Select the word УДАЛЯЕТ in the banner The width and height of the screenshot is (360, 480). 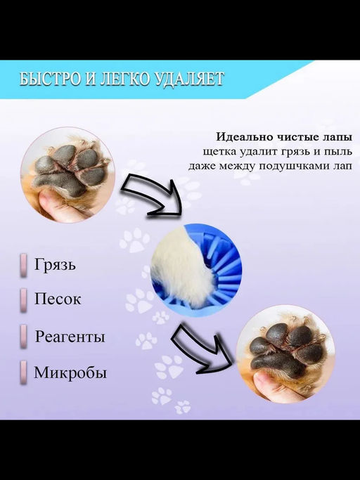(x=186, y=79)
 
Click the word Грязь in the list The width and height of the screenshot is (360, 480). (x=55, y=266)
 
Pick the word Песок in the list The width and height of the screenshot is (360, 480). (x=58, y=299)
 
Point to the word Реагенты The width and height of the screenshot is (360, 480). (x=70, y=337)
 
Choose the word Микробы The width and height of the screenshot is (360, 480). (x=70, y=372)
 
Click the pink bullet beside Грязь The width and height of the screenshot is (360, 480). (x=24, y=266)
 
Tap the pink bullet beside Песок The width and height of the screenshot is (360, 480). (x=24, y=299)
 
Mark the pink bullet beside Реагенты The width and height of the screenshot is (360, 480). (x=24, y=335)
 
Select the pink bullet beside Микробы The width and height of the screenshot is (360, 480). (x=24, y=370)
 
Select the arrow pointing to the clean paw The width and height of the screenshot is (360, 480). (x=205, y=347)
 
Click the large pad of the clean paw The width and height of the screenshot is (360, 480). (x=281, y=363)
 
